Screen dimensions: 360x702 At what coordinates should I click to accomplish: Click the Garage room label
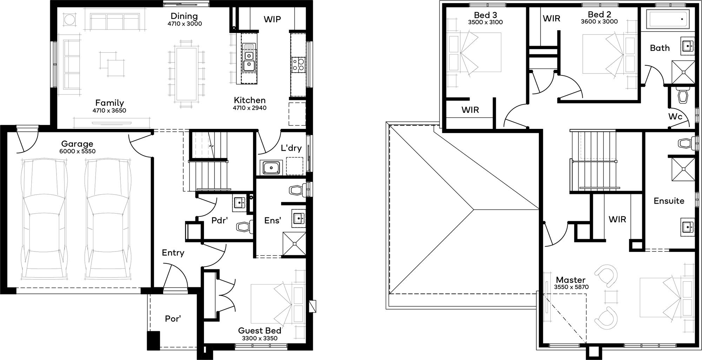[x=77, y=144]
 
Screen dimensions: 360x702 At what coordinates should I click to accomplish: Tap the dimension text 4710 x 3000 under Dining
[x=185, y=24]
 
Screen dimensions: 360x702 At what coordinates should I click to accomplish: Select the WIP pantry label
[x=272, y=19]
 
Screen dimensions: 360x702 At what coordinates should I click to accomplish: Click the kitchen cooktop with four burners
[x=298, y=65]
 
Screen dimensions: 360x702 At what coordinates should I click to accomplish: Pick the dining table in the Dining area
[x=186, y=74]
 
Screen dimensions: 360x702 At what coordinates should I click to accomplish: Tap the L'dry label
[x=291, y=148]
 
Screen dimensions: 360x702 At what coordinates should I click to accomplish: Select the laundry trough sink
[x=271, y=168]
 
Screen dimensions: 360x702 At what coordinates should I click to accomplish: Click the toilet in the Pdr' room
[x=244, y=227]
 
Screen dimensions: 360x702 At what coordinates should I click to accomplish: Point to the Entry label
[x=173, y=253]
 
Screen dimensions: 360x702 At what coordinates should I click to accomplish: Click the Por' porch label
[x=173, y=319]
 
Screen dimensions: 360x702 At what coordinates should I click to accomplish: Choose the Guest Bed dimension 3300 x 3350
[x=259, y=338]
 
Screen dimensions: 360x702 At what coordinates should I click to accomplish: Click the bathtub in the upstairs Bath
[x=667, y=19]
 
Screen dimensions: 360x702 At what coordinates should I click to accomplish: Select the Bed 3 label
[x=485, y=15]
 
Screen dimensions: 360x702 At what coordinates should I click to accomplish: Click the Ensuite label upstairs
[x=669, y=201]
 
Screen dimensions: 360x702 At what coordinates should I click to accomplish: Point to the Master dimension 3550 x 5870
[x=571, y=287]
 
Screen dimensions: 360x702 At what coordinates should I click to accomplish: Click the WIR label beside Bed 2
[x=551, y=18]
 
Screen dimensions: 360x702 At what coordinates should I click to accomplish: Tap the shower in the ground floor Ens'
[x=294, y=243]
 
